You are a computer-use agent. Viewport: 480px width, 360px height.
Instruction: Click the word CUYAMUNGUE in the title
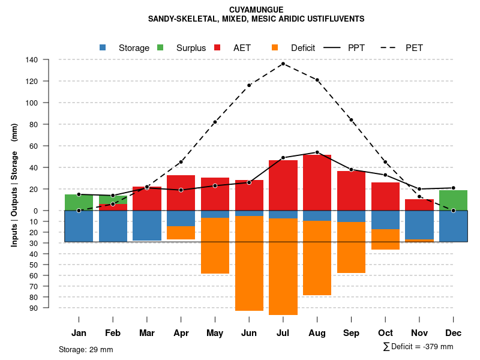coord(256,10)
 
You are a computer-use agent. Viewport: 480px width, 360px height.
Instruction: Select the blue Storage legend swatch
coord(103,48)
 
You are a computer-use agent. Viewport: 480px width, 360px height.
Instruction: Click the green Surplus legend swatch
coord(160,48)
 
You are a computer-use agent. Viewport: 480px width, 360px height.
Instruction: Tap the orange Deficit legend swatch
coord(275,48)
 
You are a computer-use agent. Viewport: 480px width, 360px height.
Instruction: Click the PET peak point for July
coord(283,64)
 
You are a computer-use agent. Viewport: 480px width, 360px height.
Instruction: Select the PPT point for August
coord(317,152)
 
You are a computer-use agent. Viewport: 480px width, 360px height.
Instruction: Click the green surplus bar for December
coord(454,200)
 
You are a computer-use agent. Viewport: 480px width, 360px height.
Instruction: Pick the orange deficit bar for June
coord(249,264)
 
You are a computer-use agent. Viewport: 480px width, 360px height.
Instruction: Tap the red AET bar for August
coord(317,183)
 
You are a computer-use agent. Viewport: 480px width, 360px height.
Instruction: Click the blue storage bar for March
coord(147,226)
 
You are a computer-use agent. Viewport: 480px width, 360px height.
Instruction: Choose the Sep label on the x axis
coord(352,333)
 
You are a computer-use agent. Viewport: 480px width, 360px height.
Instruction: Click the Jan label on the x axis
coord(79,333)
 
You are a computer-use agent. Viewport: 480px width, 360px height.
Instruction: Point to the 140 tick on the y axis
coord(48,59)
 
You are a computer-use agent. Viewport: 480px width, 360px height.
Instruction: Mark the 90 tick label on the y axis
coord(49,308)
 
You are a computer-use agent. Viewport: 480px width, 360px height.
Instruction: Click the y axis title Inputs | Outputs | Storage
coord(14,185)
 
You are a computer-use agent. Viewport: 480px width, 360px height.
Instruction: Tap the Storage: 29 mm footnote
coord(86,349)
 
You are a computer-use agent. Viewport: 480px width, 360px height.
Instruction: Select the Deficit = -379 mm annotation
coord(418,347)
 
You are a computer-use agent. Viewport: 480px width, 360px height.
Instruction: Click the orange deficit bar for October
coord(386,239)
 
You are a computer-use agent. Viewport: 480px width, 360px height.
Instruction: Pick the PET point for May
coord(215,122)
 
